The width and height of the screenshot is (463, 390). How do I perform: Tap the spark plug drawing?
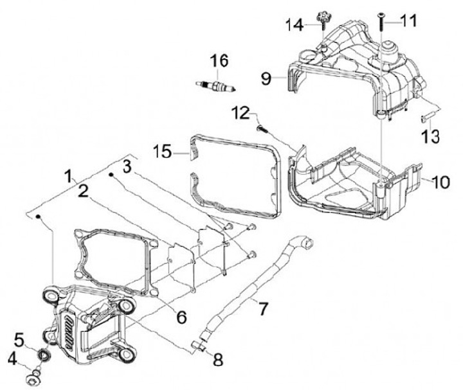(x=215, y=85)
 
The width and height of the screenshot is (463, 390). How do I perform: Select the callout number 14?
(x=295, y=24)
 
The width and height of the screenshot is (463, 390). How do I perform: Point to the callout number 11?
(x=408, y=21)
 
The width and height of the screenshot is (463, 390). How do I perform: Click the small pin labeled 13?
(x=426, y=116)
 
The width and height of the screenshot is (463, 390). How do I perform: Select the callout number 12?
(x=240, y=113)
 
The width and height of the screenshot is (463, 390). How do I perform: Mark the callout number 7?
(x=262, y=308)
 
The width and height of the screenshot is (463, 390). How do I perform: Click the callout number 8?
(x=219, y=360)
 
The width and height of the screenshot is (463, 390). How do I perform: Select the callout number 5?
(x=19, y=338)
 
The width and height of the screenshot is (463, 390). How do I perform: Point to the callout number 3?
(x=127, y=166)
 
